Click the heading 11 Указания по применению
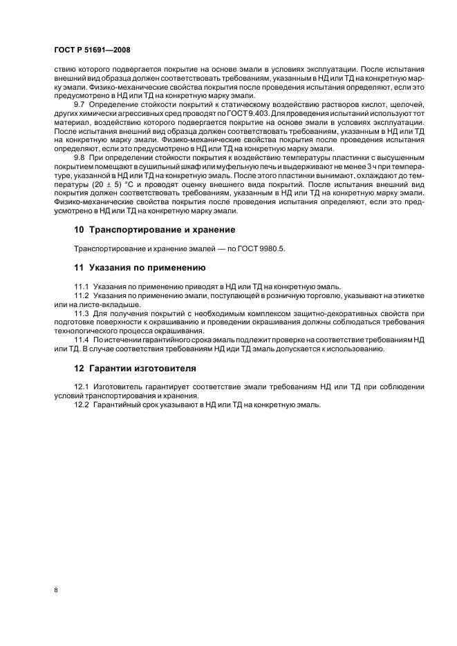139,266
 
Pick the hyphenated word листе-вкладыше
106,304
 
